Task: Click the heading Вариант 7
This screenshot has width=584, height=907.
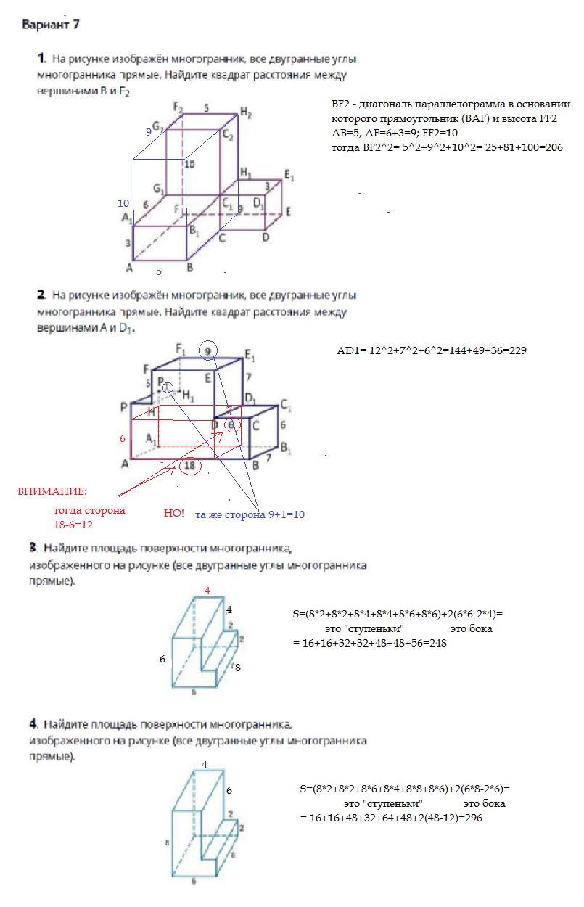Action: pyautogui.click(x=50, y=25)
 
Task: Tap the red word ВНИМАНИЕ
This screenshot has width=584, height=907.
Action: pyautogui.click(x=52, y=491)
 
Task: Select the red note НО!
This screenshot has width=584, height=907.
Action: pyautogui.click(x=174, y=513)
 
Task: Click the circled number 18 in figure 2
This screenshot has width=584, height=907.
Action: pyautogui.click(x=190, y=467)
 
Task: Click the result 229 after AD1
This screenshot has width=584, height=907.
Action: pyautogui.click(x=514, y=350)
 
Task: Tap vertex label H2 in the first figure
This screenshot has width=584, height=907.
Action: pyautogui.click(x=246, y=113)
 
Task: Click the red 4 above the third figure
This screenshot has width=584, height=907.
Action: pyautogui.click(x=207, y=591)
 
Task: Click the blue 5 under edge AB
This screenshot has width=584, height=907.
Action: pyautogui.click(x=159, y=271)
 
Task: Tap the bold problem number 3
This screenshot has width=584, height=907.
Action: pyautogui.click(x=33, y=548)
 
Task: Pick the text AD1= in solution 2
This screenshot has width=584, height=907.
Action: pyautogui.click(x=353, y=350)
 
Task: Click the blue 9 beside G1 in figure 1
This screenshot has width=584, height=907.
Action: pyautogui.click(x=149, y=132)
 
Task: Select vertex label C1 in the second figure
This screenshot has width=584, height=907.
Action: pyautogui.click(x=286, y=404)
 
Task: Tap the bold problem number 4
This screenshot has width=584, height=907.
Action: pyautogui.click(x=33, y=724)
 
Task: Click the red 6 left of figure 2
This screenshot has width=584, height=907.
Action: pyautogui.click(x=123, y=439)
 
